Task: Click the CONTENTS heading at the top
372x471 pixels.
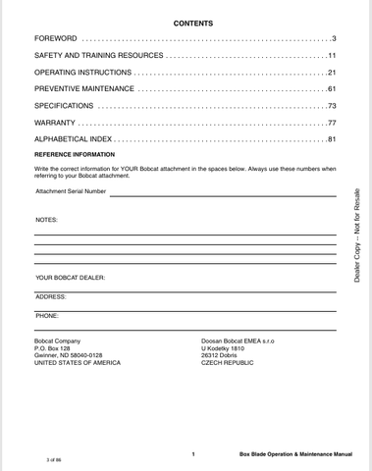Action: [x=186, y=22]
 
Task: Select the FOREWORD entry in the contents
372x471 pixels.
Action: [x=57, y=37]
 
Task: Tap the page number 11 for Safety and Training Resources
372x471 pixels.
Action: [x=333, y=55]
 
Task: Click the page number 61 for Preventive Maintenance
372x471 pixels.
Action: [x=333, y=89]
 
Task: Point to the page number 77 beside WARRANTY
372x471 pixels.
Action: [x=333, y=124]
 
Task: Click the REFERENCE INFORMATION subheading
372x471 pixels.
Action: [x=75, y=155]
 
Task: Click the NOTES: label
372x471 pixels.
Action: [x=47, y=220]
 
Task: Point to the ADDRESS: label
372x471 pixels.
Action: [x=51, y=295]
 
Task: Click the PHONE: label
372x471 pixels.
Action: [x=47, y=315]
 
